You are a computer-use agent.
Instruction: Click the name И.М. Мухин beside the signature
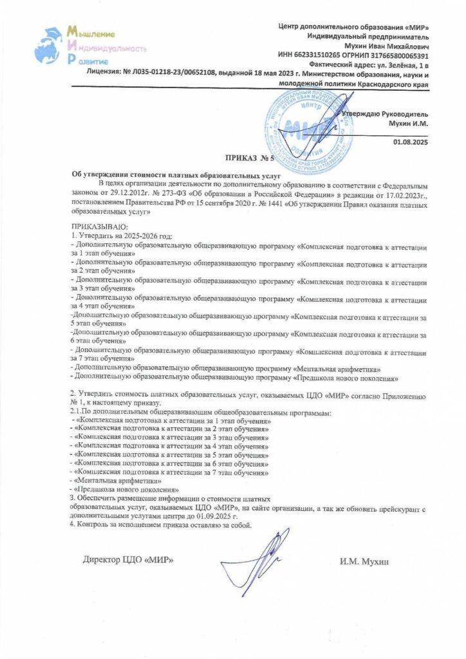coord(364,561)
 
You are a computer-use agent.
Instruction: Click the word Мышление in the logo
coord(96,33)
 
